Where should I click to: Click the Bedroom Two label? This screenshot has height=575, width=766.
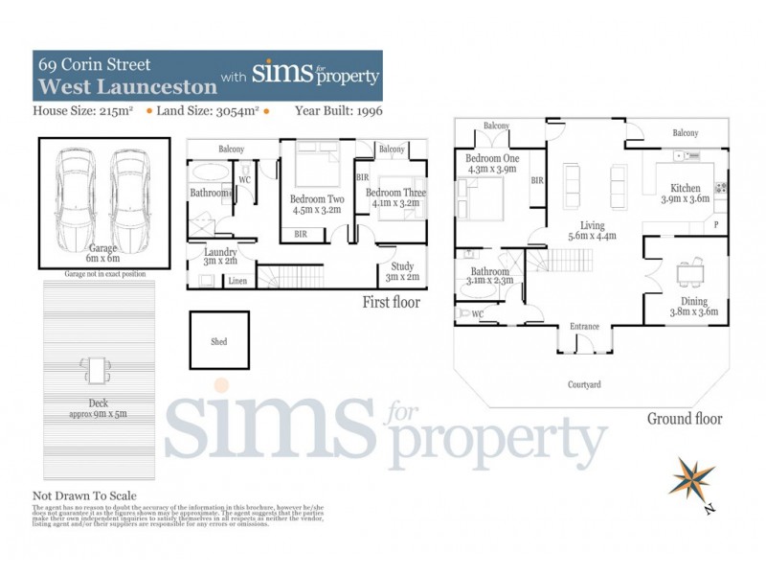click(316, 204)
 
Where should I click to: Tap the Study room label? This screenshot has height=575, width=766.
click(398, 272)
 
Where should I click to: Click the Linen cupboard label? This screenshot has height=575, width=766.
click(237, 281)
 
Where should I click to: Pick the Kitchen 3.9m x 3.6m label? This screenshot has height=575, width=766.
click(685, 195)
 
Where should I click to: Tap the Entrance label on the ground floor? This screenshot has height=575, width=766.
click(584, 327)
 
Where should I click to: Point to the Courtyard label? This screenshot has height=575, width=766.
click(583, 384)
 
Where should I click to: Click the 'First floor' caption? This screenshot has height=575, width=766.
click(391, 304)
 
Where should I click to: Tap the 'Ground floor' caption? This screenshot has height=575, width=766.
click(684, 419)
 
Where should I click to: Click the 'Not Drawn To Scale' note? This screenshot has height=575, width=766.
click(84, 495)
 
